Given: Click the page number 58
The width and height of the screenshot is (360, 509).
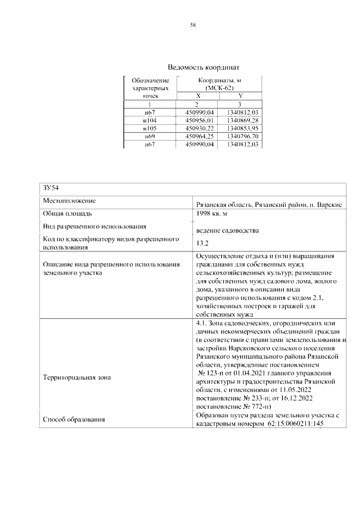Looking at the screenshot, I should [193, 25].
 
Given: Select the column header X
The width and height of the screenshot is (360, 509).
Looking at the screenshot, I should [197, 97].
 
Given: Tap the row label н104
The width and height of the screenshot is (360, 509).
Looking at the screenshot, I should [150, 120].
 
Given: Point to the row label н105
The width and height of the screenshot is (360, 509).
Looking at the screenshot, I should [150, 128].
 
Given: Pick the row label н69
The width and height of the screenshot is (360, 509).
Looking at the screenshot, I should [150, 137].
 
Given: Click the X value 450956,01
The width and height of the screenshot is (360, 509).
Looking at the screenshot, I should [197, 120].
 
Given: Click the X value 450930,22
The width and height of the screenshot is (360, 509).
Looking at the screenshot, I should [197, 128].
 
